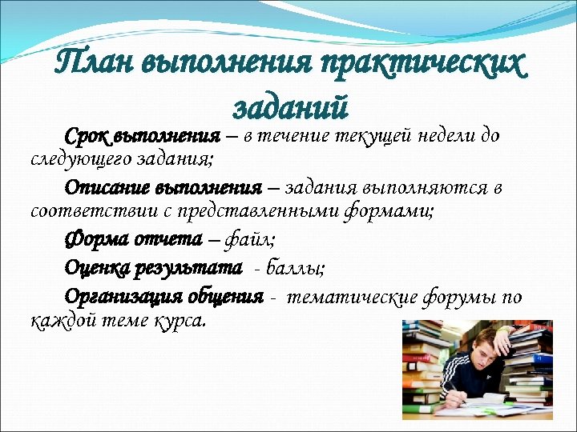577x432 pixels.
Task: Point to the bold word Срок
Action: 87,136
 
